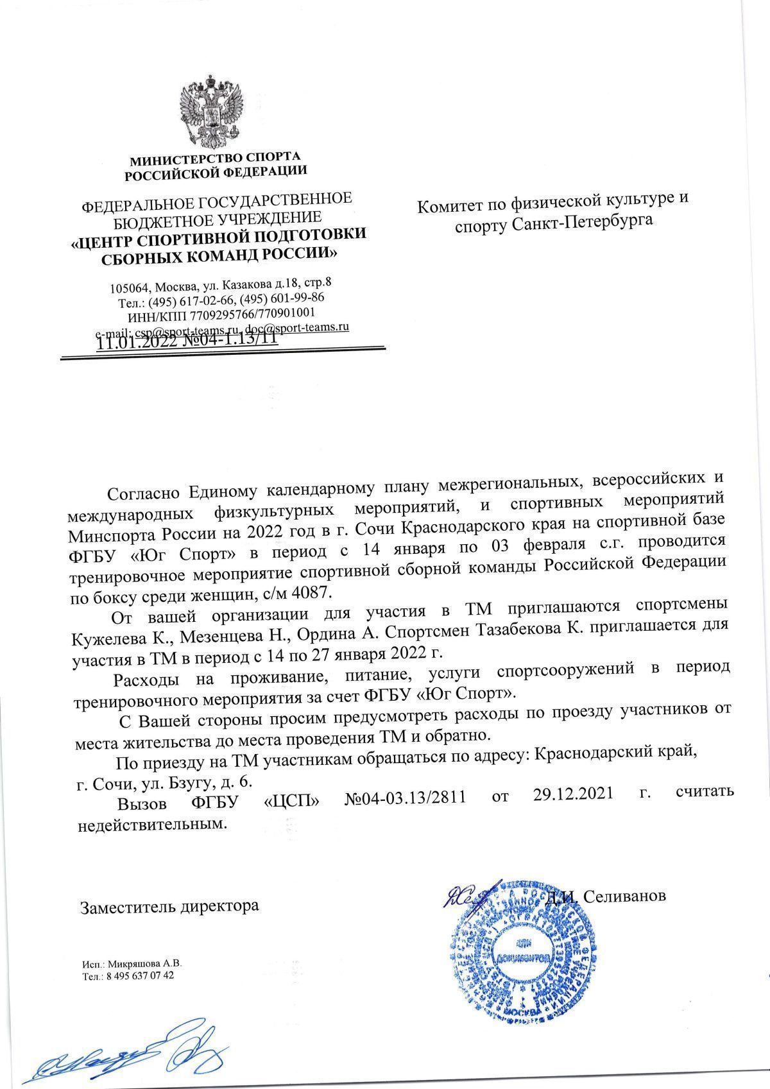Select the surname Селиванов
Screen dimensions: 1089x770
point(625,895)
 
